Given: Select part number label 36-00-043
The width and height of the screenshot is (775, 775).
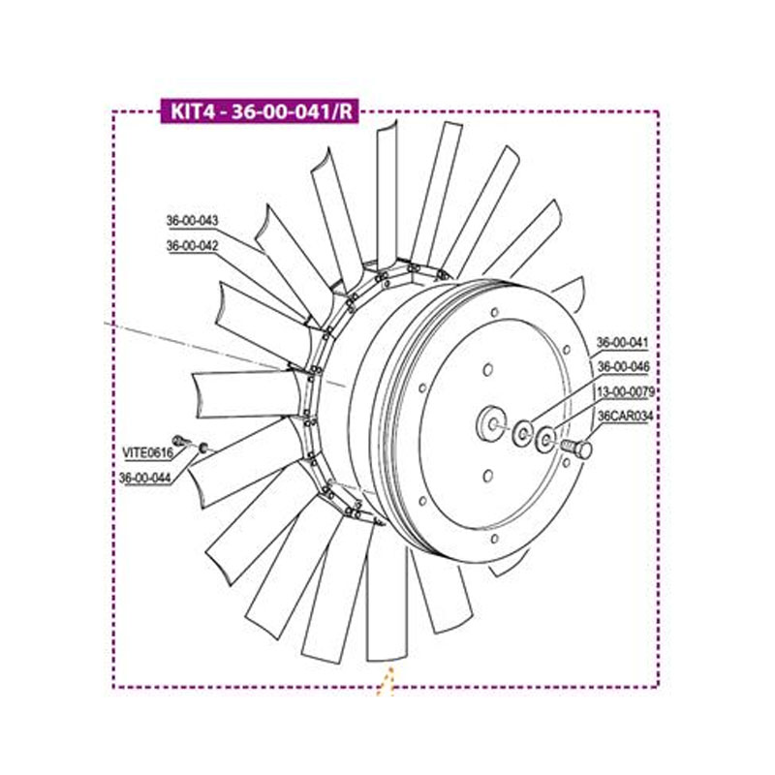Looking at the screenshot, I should tap(193, 221).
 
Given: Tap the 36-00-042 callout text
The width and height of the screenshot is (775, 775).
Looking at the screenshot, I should tap(193, 246).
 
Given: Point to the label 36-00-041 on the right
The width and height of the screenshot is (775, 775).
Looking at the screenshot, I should tap(623, 343).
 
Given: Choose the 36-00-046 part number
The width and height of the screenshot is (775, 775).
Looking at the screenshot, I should tap(623, 367).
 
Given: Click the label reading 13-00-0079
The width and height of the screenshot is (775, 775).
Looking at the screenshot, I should tap(625, 392).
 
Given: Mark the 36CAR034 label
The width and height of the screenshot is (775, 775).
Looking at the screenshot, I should tap(626, 417).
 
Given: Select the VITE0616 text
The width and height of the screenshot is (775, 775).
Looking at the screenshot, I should tap(147, 452).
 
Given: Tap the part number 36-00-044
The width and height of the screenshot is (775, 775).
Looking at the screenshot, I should tap(146, 477).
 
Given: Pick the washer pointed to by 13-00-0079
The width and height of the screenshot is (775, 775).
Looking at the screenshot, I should tap(546, 442).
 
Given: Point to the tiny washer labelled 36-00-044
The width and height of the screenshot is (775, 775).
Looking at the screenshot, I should tap(203, 447).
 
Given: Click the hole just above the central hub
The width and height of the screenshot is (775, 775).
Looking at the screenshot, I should tap(488, 369).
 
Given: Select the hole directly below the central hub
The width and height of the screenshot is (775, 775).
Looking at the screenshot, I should tap(487, 476).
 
